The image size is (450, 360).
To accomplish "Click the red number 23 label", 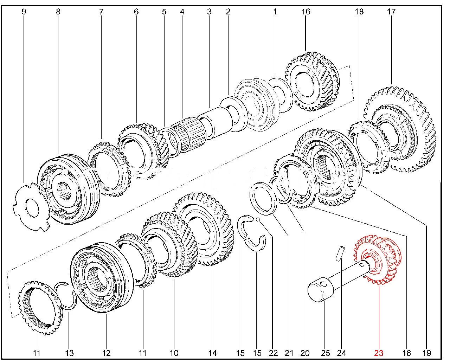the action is pos(379,353).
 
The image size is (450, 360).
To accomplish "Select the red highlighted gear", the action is pos(378,262).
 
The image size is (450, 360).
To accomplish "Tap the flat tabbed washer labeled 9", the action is pos(32,206).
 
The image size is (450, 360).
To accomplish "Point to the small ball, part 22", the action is pos(258,219).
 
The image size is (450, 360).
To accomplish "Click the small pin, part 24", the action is pos(339,253).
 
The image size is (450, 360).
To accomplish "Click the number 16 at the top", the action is pos(306,12).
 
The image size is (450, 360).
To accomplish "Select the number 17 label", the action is pos(391,12).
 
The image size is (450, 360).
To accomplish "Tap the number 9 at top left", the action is pos(24,12).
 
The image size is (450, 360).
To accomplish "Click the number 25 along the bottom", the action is pos(326,353).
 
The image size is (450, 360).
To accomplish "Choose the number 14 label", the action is pos(213,353).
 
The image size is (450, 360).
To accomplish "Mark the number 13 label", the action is pos(69,353).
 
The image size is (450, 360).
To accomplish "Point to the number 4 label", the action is pos(182,12).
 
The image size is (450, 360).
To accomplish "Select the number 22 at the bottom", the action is pos(273,353).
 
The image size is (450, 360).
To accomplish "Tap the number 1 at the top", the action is pos(275,12).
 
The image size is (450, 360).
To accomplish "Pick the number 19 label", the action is pos(426,353).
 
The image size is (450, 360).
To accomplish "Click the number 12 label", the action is pos(106,353).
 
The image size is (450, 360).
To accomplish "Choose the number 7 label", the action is pos(101,12).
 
